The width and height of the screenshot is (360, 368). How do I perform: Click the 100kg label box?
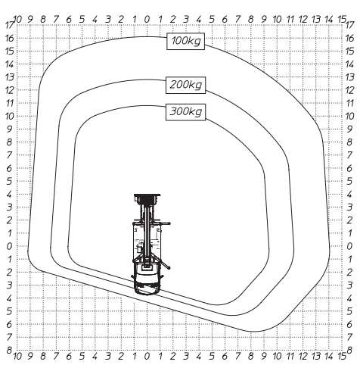click(x=185, y=41)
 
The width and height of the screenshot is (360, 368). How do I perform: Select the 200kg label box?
click(x=185, y=85)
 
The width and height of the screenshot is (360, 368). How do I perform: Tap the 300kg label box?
click(x=185, y=112)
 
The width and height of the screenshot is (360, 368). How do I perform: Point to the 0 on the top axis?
click(x=147, y=20)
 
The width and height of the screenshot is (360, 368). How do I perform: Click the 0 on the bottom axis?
click(x=147, y=356)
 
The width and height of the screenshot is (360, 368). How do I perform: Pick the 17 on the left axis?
click(x=10, y=25)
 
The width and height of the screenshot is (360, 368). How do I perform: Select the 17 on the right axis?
click(x=349, y=25)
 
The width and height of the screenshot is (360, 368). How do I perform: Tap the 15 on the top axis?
click(x=342, y=20)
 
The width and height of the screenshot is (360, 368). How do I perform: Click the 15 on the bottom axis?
click(x=342, y=356)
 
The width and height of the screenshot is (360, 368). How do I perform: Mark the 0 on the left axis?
click(x=9, y=246)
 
